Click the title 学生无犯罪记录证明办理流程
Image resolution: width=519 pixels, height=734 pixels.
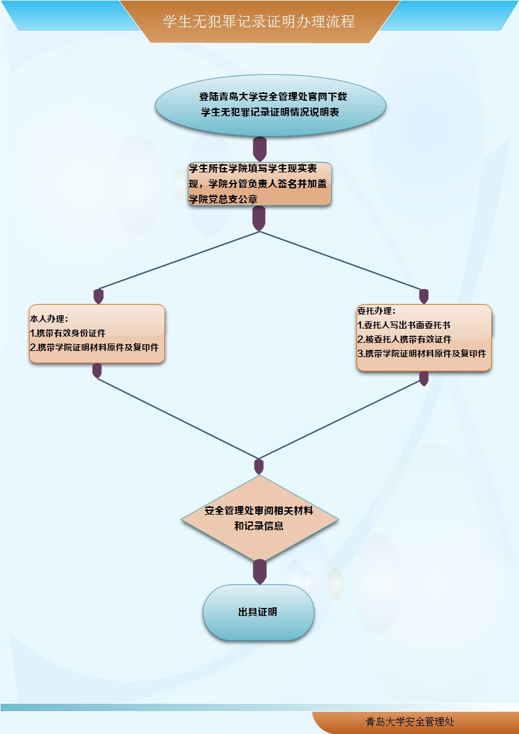[x=259, y=22]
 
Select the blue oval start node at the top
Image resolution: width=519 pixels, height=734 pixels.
[x=270, y=105]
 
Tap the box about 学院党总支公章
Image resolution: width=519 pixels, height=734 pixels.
[x=260, y=183]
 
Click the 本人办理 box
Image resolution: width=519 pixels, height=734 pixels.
[x=97, y=334]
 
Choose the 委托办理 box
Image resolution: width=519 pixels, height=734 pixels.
[x=424, y=337]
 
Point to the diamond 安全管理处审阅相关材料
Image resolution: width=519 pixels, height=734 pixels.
[x=259, y=518]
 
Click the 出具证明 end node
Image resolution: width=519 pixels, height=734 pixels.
[x=258, y=612]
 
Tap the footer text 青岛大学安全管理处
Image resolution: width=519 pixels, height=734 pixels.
[x=410, y=722]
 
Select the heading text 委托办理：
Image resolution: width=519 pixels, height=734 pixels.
[x=376, y=311]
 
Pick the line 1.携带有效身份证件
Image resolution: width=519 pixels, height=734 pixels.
[x=68, y=333]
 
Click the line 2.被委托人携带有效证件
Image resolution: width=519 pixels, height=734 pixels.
[x=405, y=339]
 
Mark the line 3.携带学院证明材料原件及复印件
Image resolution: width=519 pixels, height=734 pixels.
[x=421, y=354]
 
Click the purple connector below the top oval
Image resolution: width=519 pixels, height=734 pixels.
[x=260, y=149]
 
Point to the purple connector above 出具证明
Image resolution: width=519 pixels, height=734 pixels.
[x=260, y=572]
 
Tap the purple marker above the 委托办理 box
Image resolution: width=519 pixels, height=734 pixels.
[x=424, y=297]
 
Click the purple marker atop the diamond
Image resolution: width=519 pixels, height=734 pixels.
[x=259, y=466]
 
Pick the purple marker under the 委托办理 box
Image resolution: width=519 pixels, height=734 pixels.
[x=424, y=378]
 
